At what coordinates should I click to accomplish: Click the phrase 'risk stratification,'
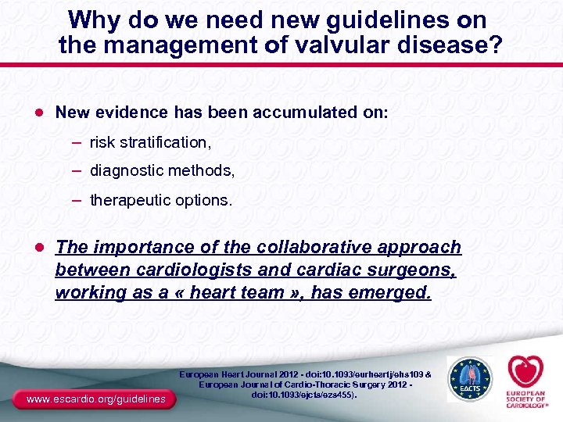pos(150,143)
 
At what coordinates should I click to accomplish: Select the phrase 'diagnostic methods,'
pos(162,170)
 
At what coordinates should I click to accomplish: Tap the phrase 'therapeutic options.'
pos(161,200)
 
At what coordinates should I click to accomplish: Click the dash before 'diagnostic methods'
pos(79,170)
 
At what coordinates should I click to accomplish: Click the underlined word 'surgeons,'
pos(407,270)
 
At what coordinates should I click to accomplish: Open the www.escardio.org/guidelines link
pos(96,399)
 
